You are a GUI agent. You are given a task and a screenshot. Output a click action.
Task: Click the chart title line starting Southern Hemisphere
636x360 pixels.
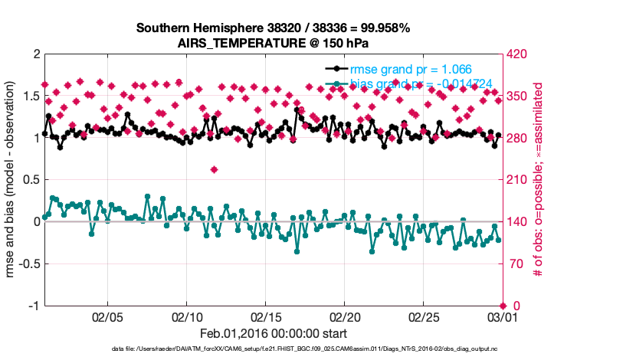273,28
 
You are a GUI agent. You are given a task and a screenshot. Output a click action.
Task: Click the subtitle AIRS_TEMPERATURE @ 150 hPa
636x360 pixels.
273,42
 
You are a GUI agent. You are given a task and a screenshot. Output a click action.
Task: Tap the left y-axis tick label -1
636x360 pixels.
34,306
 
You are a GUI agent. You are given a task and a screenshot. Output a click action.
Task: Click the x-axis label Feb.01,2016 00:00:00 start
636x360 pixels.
273,333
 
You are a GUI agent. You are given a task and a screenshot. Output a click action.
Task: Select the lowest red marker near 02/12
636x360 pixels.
215,169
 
